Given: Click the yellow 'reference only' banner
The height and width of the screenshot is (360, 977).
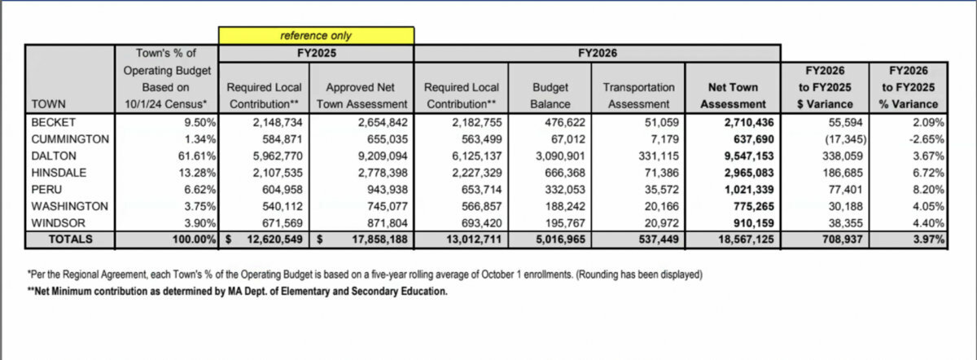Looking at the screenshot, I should click(x=316, y=36).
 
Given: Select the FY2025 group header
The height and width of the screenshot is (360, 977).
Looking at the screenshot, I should click(x=316, y=53).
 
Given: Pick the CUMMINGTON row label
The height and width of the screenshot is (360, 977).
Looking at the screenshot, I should click(x=68, y=138).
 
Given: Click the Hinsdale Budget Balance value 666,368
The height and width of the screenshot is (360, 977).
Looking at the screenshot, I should click(x=550, y=172).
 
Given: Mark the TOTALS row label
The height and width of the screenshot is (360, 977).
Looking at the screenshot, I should click(x=70, y=239).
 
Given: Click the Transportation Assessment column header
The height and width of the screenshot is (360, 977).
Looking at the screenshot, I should click(x=639, y=95).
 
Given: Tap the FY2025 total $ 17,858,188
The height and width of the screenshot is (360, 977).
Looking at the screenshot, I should click(x=366, y=239).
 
